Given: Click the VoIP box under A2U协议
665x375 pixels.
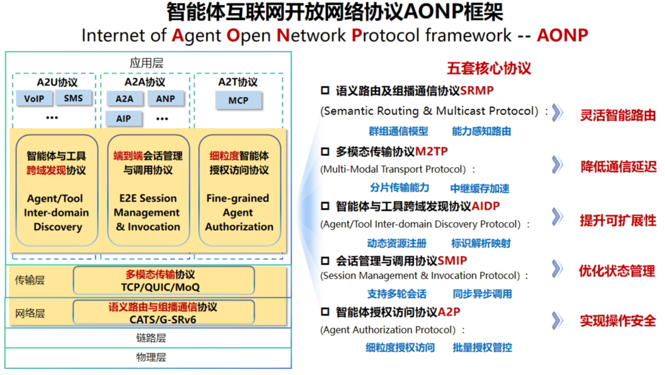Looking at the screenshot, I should pyautogui.click(x=34, y=98).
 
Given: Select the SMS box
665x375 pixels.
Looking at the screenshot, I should pyautogui.click(x=74, y=98).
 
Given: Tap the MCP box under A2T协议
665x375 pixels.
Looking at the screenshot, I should pyautogui.click(x=238, y=100).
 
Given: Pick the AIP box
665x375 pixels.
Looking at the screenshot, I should pyautogui.click(x=123, y=119).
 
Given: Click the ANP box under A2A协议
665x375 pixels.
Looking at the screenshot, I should pyautogui.click(x=165, y=99).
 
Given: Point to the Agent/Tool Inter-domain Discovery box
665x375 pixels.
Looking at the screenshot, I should pyautogui.click(x=57, y=190).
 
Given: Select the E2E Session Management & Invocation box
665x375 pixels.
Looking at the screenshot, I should pyautogui.click(x=148, y=190).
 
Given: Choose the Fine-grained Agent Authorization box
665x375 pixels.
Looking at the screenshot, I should pyautogui.click(x=239, y=190).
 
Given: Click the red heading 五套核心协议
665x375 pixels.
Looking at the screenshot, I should pyautogui.click(x=489, y=68).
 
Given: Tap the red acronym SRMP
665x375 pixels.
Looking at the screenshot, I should pyautogui.click(x=477, y=91).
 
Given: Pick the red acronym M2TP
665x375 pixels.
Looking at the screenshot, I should pyautogui.click(x=431, y=152).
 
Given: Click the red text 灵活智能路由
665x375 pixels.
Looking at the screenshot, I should pyautogui.click(x=617, y=115).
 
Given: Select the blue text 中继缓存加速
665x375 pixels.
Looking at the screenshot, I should pyautogui.click(x=480, y=188).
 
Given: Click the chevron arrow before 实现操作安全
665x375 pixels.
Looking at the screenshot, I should pyautogui.click(x=557, y=320).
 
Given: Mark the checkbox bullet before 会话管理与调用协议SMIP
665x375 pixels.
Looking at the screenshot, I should pyautogui.click(x=325, y=261).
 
